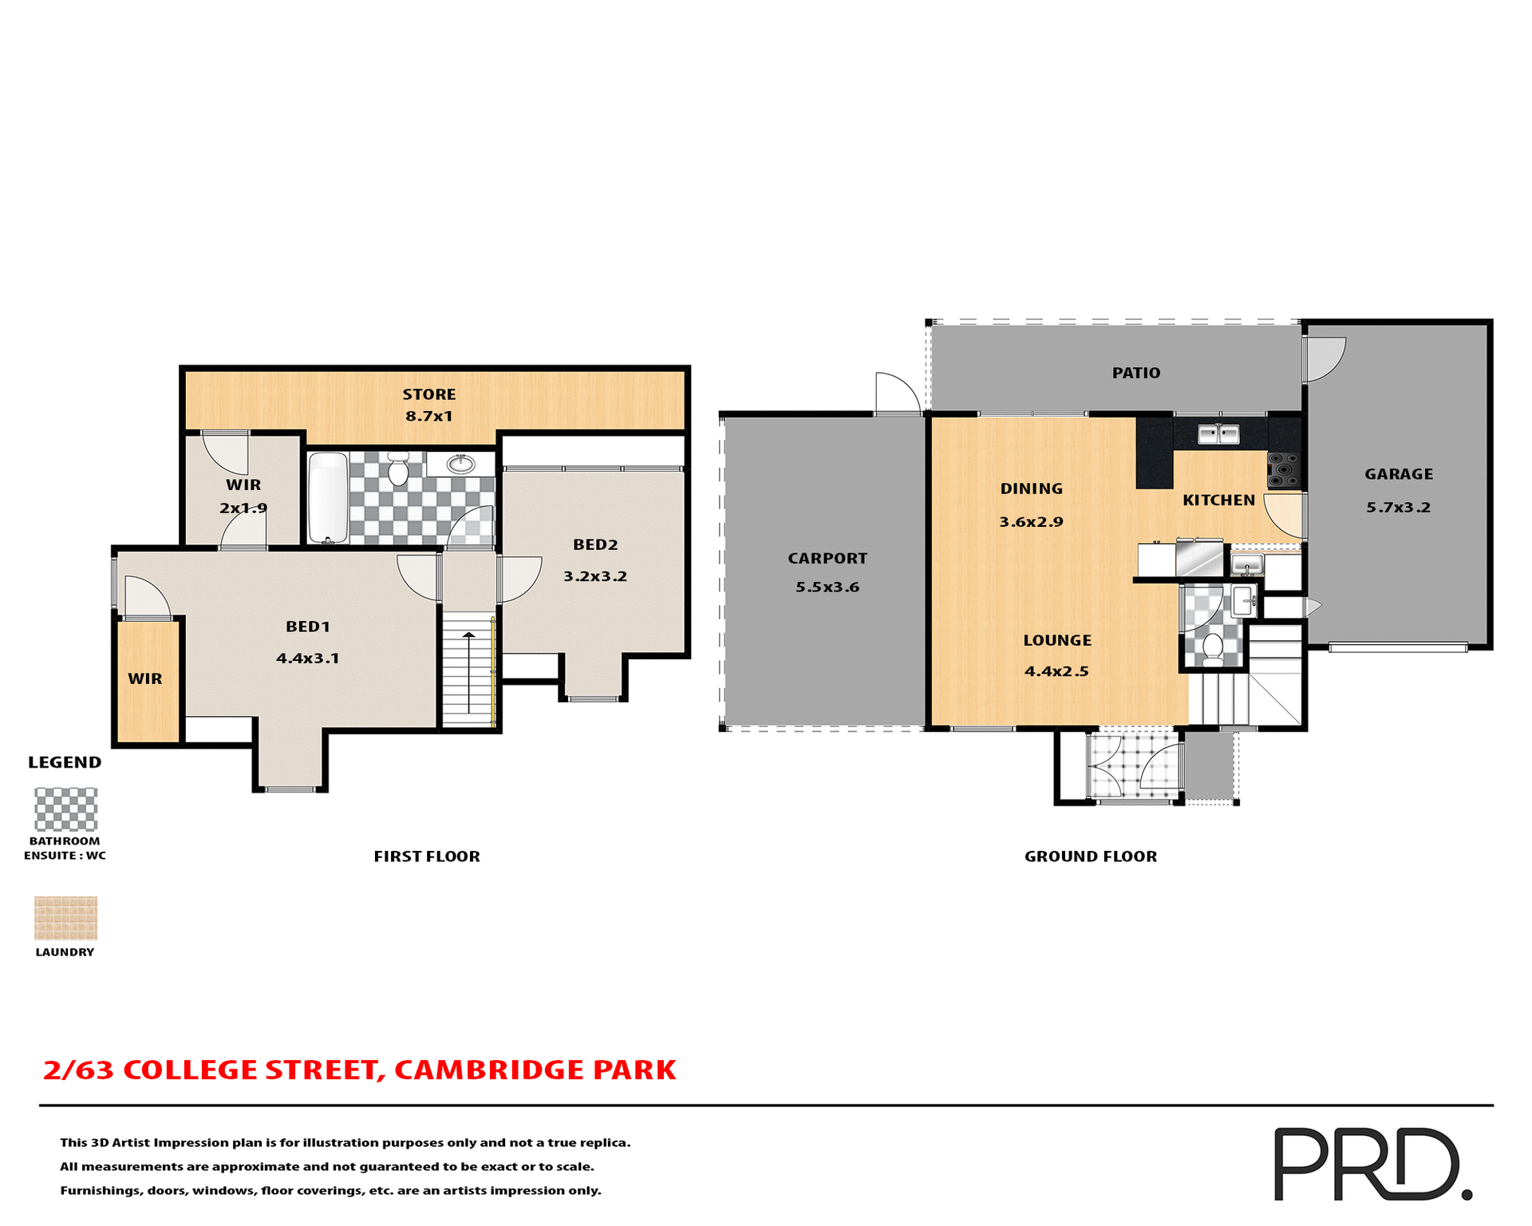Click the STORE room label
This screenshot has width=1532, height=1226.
(428, 394)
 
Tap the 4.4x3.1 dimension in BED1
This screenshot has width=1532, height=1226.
(307, 658)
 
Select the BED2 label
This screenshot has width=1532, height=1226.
(595, 544)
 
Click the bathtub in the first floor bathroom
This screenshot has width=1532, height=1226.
(327, 498)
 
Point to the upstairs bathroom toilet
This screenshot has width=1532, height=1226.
(397, 470)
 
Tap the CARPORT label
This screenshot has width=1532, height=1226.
(827, 559)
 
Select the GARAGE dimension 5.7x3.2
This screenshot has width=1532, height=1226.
(1398, 508)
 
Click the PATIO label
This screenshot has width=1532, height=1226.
(1135, 373)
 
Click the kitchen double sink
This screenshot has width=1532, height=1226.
(1218, 434)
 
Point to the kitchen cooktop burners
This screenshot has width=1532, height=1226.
(1283, 470)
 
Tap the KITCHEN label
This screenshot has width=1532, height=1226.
(1218, 500)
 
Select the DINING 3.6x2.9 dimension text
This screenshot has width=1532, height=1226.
(1031, 522)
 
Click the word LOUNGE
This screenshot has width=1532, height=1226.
(1056, 640)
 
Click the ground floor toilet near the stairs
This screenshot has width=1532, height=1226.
(1212, 647)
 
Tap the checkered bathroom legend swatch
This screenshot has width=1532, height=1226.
(65, 809)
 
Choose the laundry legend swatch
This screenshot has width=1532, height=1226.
(65, 918)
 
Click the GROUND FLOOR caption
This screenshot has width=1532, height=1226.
(1090, 856)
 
